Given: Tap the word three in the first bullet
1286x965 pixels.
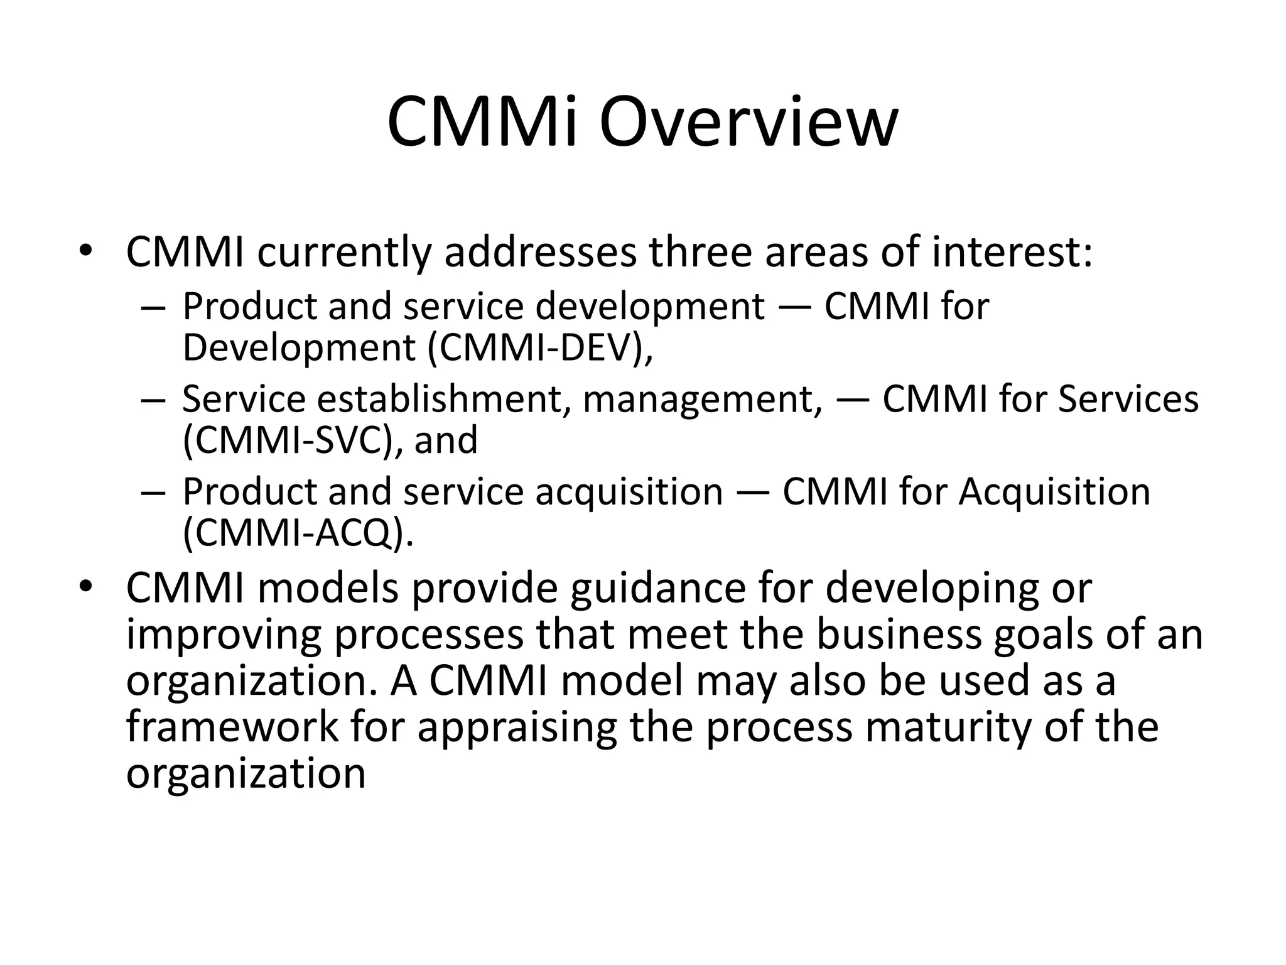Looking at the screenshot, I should click(700, 252).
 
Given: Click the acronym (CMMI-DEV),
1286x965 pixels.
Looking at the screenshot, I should click(540, 347).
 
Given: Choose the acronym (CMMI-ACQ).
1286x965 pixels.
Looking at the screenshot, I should click(298, 533).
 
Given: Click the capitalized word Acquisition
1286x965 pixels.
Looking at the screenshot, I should click(1054, 491).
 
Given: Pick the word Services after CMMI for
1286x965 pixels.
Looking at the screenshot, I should click(1128, 399).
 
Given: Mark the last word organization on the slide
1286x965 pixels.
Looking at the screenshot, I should click(246, 773).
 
